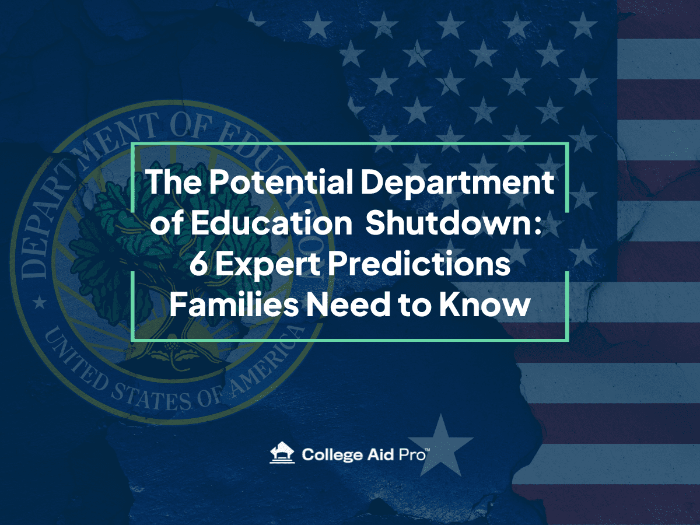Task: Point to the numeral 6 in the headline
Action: pos(198,264)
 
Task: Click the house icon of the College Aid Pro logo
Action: pos(282,452)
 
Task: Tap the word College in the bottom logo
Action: pos(332,454)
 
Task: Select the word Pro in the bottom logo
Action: pos(412,454)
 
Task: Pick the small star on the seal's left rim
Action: pos(40,302)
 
